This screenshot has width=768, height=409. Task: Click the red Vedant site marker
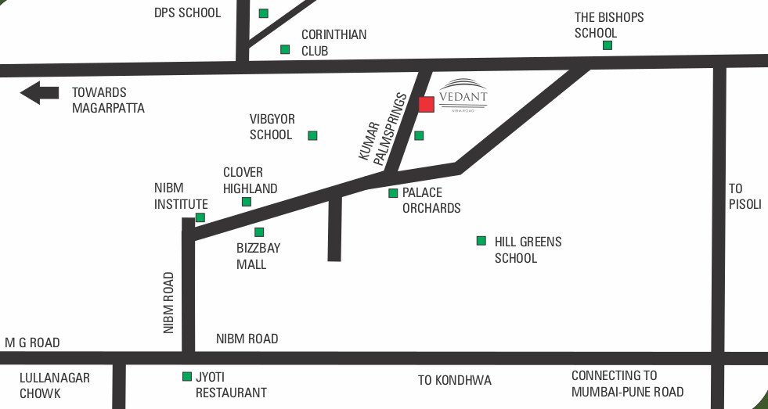coord(427,105)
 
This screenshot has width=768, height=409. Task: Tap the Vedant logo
coord(463,94)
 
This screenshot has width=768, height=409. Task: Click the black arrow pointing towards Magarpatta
coord(39,93)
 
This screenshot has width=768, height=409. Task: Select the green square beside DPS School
coord(264,13)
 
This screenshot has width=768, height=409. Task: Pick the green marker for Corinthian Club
coord(285,49)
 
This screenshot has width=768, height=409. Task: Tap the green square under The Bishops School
coord(607,45)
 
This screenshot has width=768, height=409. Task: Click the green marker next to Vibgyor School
coord(312,135)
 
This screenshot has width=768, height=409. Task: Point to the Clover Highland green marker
coord(246,202)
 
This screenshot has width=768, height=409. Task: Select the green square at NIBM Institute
coord(200,217)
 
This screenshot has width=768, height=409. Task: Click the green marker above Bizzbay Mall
coord(259,232)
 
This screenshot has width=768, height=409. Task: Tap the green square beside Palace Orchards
coord(393,192)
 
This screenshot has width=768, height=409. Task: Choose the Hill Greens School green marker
coord(481,241)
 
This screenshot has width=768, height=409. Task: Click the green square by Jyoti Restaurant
coord(186,376)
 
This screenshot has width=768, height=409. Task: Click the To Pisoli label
coord(745,196)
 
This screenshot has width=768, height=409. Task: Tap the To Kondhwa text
coord(454,380)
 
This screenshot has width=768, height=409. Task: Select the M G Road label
coord(32,343)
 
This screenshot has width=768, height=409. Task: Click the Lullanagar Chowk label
coord(55,385)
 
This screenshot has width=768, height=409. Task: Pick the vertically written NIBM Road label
coord(168,303)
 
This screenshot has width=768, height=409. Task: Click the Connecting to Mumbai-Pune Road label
coord(627,383)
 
